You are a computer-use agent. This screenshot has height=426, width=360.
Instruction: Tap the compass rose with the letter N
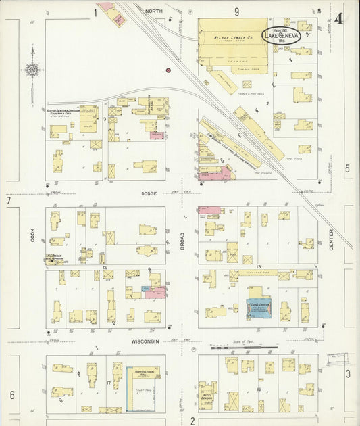coord(32,69)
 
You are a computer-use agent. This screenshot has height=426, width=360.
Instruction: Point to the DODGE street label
coord(149,193)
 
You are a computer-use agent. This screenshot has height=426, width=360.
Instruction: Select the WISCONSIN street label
coord(145,341)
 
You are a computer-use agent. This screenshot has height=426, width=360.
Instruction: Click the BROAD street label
coord(182,241)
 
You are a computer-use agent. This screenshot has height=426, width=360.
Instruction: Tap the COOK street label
coord(32,233)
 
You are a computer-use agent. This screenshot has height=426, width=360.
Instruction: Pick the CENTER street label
coord(331,240)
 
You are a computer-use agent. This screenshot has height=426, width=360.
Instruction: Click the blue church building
coord(258,308)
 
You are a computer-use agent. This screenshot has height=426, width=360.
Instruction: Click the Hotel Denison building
coord(207,395)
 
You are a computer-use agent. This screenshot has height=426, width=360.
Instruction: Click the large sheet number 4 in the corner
coord(338,18)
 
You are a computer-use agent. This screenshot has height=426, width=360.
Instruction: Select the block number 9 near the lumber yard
coord(237,11)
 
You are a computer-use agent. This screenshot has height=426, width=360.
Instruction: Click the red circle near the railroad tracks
coord(168,70)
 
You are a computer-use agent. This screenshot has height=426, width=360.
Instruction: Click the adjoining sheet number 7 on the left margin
coord(9,201)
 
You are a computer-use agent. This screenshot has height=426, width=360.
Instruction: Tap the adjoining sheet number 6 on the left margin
coord(11,394)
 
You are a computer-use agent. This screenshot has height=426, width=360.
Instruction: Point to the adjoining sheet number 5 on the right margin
coord(348,168)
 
